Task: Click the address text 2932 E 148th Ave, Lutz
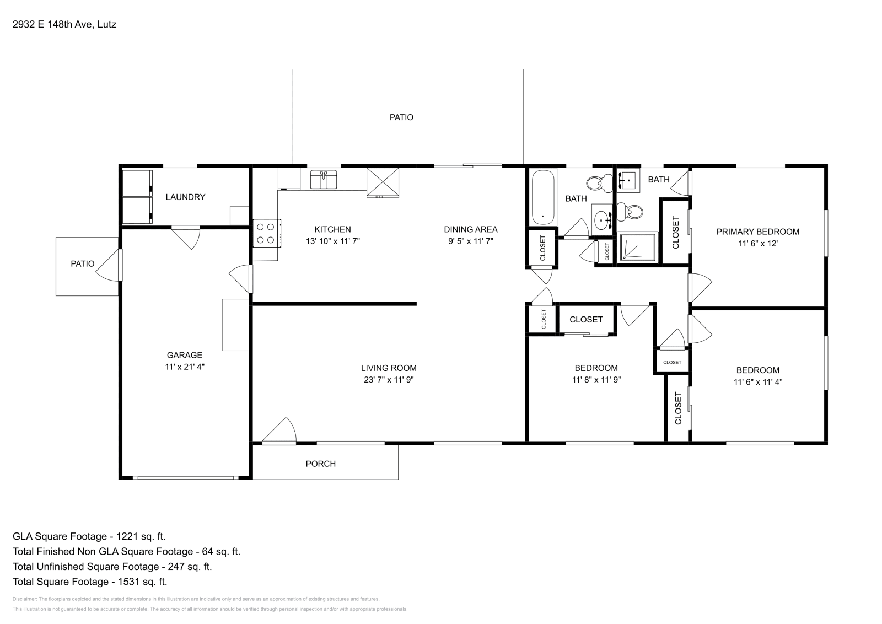[64, 24]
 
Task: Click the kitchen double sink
[324, 180]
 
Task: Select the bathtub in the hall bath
[543, 197]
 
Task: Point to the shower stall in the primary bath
[637, 247]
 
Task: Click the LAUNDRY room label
[185, 197]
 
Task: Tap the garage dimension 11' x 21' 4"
[185, 367]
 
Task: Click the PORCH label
[320, 464]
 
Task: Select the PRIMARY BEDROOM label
[757, 232]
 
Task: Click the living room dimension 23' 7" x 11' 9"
[388, 379]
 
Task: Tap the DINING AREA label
[470, 229]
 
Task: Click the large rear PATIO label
[401, 117]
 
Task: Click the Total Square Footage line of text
[90, 582]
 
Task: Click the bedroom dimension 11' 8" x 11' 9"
[596, 379]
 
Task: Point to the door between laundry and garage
[186, 236]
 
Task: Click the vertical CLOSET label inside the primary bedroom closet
[676, 232]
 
